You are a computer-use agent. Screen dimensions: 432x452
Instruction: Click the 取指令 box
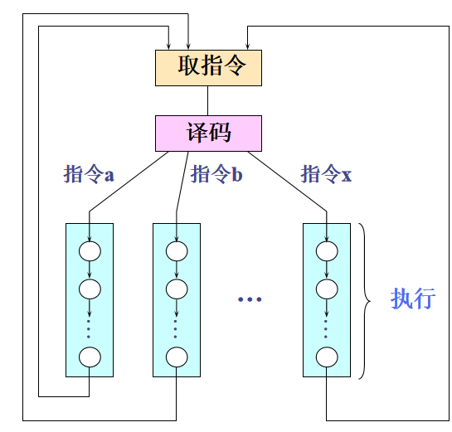point(208,67)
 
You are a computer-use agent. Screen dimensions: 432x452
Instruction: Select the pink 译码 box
point(208,133)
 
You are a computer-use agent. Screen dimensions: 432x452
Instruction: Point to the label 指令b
point(216,175)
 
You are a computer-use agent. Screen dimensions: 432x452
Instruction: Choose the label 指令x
point(326,175)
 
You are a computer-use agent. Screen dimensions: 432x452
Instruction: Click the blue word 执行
point(412,299)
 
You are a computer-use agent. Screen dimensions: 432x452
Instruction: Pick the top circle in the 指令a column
point(90,250)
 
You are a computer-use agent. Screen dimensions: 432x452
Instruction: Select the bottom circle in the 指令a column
point(90,357)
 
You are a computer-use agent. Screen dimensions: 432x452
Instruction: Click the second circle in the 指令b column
point(176,289)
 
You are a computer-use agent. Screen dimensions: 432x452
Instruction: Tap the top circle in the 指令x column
point(326,250)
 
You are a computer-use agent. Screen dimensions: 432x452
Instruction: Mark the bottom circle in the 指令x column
point(326,357)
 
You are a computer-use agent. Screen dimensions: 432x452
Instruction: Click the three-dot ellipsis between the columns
point(250,299)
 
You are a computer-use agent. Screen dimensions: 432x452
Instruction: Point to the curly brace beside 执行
point(366,300)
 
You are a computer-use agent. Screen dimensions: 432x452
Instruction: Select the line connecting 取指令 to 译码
point(208,100)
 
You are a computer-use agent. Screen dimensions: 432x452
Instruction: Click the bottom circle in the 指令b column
point(176,357)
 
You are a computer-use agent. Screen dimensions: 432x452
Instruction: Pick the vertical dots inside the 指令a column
point(90,324)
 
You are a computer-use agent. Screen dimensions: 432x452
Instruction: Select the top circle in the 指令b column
point(176,250)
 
